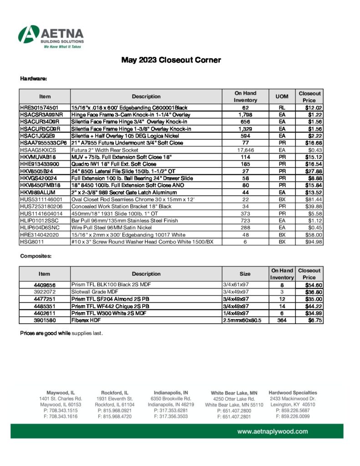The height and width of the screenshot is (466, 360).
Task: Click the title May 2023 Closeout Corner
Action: tap(171, 60)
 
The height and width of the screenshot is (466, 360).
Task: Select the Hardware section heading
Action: tap(34, 79)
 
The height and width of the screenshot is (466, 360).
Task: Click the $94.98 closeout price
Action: tap(313, 242)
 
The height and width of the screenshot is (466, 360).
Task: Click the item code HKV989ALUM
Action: tap(38, 192)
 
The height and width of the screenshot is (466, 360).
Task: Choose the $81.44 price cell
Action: tap(313, 200)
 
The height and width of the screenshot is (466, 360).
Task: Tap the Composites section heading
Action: tap(36, 257)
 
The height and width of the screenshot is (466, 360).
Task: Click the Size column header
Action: tap(245, 274)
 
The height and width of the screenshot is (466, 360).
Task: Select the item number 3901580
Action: tap(45, 320)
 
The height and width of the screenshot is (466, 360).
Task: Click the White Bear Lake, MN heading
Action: tap(234, 392)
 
